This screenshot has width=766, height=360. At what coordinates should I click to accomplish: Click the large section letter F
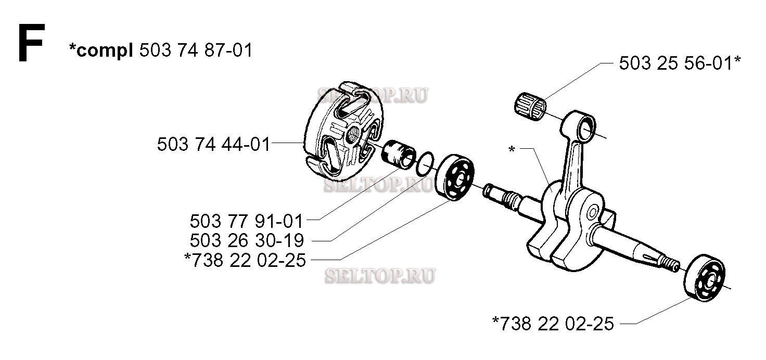point(31,43)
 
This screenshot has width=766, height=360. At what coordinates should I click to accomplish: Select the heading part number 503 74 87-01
point(196,50)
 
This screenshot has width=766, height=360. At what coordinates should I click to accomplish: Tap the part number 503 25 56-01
point(676,63)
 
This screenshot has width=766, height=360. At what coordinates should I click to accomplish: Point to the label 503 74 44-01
point(214,144)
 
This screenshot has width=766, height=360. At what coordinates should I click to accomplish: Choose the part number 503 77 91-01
point(247,221)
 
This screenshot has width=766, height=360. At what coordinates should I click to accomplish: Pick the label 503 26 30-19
point(247,240)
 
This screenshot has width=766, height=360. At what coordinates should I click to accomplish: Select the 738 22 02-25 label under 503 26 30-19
point(249,261)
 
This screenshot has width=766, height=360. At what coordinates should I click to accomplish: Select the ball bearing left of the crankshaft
point(455,177)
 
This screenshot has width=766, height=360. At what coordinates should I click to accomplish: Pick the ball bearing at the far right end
point(705,278)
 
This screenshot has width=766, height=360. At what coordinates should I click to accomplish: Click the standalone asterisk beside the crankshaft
point(512,149)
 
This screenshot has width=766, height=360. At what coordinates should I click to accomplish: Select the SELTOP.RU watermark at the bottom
point(380,276)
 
